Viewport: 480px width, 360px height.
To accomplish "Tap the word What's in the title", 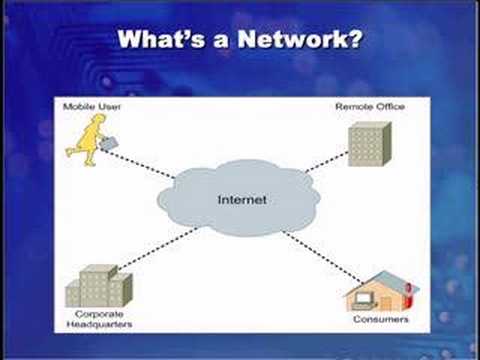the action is tap(162, 39).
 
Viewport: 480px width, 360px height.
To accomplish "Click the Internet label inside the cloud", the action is tap(242, 200).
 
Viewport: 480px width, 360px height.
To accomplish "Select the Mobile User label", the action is tap(92, 107).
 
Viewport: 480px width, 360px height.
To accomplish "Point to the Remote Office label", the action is tap(370, 107).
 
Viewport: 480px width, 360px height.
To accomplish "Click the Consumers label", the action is tap(381, 319).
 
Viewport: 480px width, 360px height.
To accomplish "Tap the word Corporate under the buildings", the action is tap(99, 314).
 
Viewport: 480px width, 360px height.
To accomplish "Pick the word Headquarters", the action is tap(99, 324).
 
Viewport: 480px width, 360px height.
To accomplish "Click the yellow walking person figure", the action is tap(87, 140).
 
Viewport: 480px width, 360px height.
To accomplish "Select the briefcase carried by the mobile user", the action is tap(109, 143).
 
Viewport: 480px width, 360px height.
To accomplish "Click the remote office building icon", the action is tap(370, 144).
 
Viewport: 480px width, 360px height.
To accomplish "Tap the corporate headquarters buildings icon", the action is tap(99, 286).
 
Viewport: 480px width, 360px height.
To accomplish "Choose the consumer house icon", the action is tap(382, 292).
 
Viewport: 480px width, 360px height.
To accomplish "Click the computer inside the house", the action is tap(363, 300).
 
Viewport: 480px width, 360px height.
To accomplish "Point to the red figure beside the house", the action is tap(407, 294).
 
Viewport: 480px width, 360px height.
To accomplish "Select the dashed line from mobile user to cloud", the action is tap(137, 163).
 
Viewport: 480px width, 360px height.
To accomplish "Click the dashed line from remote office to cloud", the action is tap(327, 162).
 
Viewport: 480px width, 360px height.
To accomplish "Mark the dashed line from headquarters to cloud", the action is tap(158, 248).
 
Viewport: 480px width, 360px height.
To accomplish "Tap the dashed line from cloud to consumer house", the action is tap(323, 257).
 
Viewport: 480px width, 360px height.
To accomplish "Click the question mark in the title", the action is tap(356, 39).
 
